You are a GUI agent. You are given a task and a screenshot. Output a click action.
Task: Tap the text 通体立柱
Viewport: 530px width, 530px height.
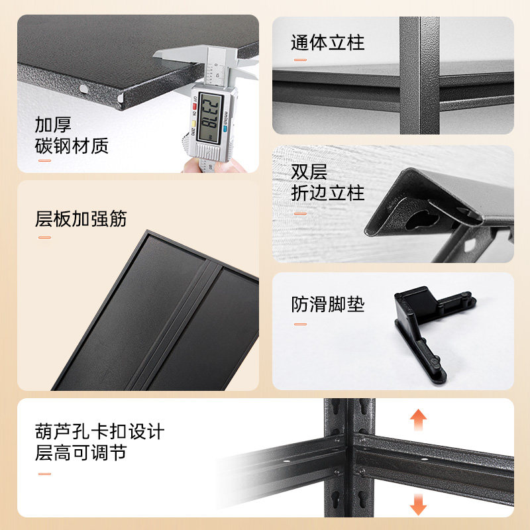coord(328,44)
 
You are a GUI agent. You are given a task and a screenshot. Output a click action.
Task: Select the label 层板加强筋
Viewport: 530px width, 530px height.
coord(81,219)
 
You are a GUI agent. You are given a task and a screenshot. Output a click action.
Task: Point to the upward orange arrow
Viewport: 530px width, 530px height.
coord(418,421)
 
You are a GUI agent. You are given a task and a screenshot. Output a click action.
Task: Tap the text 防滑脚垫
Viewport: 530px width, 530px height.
coord(328,305)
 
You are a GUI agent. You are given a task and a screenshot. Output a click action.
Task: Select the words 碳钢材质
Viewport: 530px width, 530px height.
coord(72,146)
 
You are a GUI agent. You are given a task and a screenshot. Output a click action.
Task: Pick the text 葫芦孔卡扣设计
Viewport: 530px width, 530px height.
coord(99,432)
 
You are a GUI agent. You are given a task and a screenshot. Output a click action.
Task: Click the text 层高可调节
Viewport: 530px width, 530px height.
coord(81,453)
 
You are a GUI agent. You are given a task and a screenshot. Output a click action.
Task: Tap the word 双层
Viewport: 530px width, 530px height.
coord(309,172)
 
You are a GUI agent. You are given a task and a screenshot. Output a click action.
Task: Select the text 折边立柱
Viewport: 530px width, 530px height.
coord(328,193)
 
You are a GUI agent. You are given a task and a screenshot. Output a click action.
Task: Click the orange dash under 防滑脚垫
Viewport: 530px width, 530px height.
coord(300,324)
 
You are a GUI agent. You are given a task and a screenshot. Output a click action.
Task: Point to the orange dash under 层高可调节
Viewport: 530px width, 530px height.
coord(44,473)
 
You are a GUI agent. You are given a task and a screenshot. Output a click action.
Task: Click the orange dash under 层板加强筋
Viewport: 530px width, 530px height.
coord(44,237)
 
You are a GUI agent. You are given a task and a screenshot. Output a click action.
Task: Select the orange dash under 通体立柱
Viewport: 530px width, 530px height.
coord(300,60)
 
